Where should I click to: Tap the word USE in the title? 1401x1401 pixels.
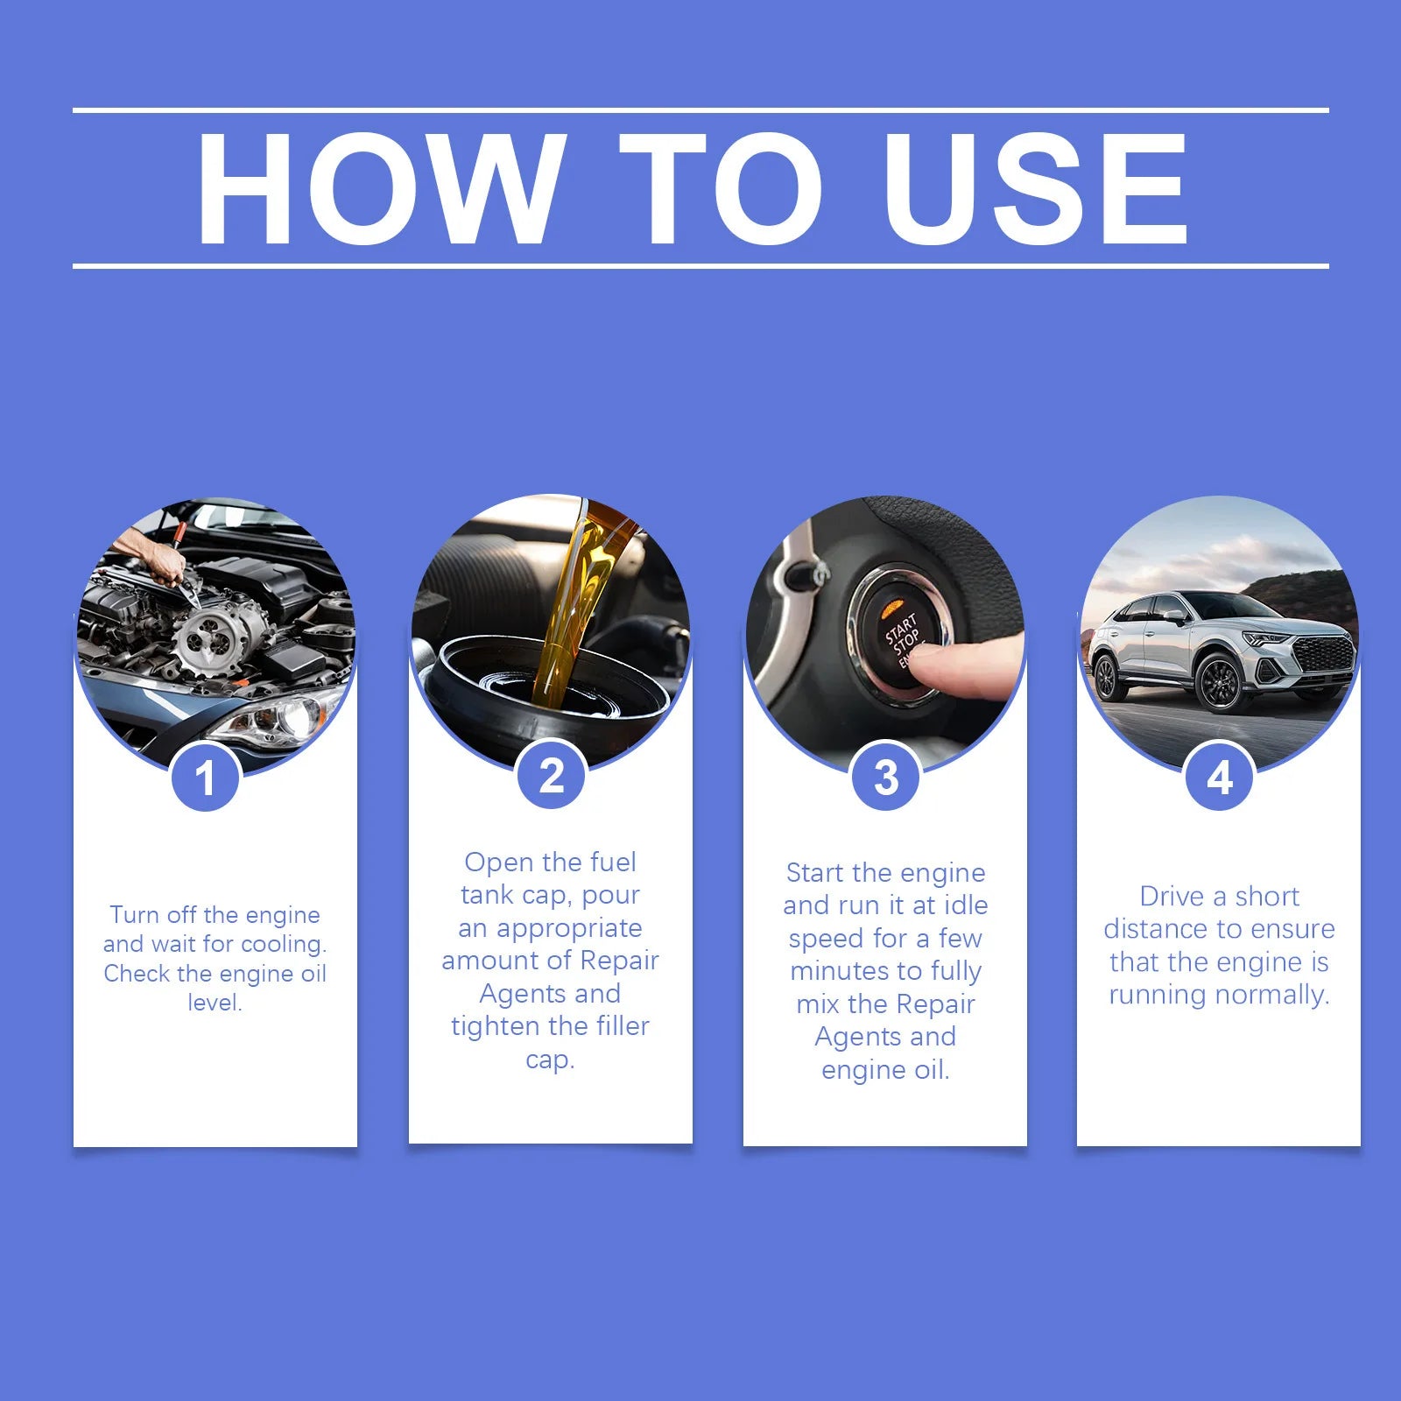coord(1035,189)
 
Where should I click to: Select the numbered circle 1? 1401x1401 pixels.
coord(206,778)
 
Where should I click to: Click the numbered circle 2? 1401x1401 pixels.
coord(551,776)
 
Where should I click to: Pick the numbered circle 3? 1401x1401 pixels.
coord(885,777)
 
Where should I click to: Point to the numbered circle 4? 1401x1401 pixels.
coord(1219,777)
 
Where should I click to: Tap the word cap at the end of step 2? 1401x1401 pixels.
coord(549,1060)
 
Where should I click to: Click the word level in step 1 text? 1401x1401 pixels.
coord(215,1003)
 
